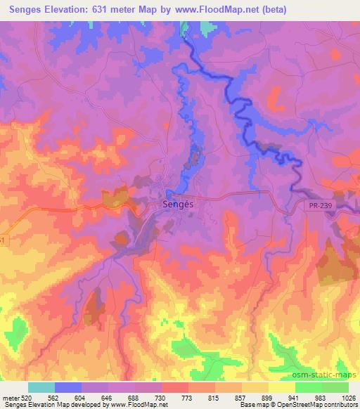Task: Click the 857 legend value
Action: (242, 397)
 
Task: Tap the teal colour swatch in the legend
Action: (41, 387)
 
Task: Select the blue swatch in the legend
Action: (68, 387)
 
